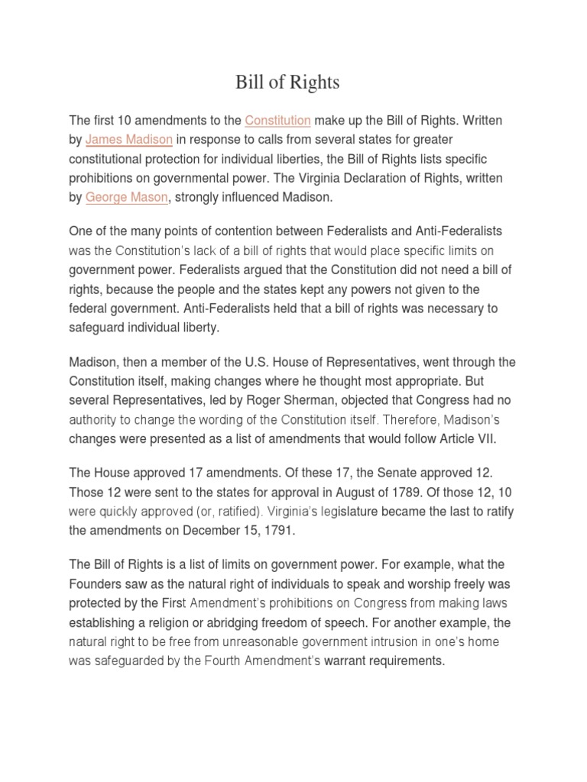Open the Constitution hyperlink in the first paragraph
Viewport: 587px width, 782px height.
277,121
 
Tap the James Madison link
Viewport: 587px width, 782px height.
129,140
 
